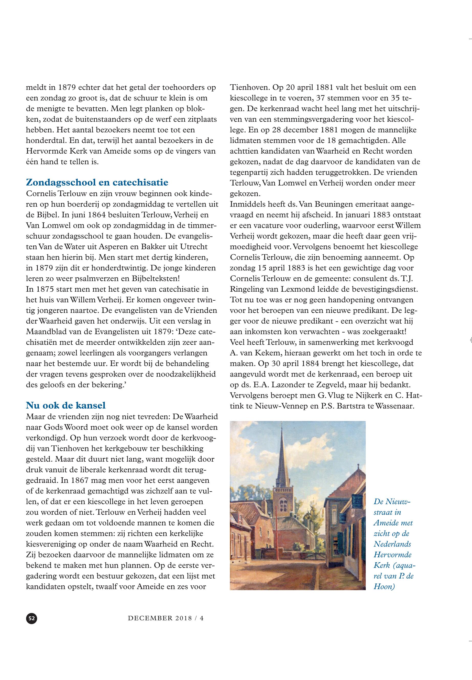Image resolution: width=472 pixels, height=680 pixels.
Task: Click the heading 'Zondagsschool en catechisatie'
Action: [x=97, y=182]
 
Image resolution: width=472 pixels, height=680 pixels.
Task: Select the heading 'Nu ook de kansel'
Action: [x=66, y=405]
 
